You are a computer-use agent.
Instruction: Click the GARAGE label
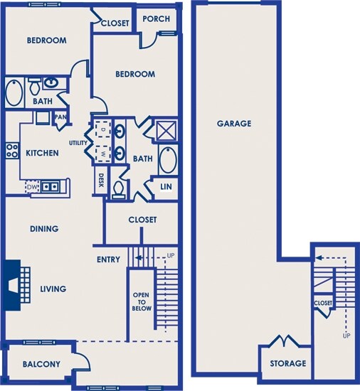(x=234, y=124)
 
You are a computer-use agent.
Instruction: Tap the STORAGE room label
(x=288, y=363)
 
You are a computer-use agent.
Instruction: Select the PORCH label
(x=157, y=18)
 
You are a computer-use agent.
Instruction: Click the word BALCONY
(x=41, y=364)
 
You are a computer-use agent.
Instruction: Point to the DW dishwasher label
(x=32, y=187)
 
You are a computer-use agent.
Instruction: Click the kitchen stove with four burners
(x=12, y=151)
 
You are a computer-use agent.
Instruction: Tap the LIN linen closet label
(x=166, y=186)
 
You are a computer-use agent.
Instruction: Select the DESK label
(x=101, y=181)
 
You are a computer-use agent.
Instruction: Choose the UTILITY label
(x=78, y=143)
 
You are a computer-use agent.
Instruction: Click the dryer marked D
(x=103, y=129)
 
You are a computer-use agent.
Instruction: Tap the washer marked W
(x=103, y=154)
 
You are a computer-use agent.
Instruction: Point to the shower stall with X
(x=167, y=130)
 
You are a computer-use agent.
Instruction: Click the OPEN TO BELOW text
(x=142, y=301)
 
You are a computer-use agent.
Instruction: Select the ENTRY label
(x=108, y=259)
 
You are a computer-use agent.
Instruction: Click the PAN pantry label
(x=60, y=117)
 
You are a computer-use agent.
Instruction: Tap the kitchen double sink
(x=50, y=186)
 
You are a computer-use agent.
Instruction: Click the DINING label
(x=44, y=229)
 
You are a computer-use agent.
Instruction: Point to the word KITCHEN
(x=43, y=153)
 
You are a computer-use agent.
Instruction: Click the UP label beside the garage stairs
(x=346, y=336)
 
